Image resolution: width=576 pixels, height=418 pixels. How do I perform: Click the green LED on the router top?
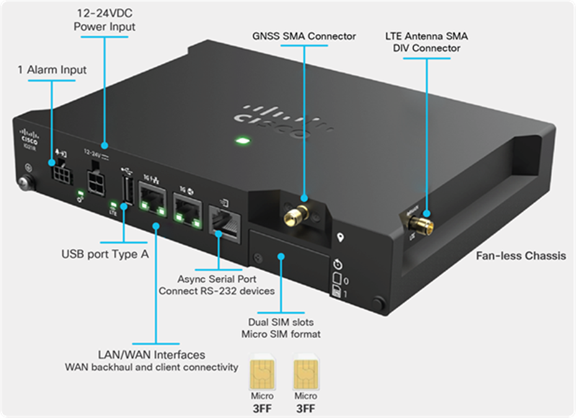(x=239, y=143)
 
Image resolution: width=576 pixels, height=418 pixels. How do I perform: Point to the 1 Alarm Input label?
(x=51, y=70)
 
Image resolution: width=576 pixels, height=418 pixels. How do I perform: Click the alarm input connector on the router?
(x=60, y=171)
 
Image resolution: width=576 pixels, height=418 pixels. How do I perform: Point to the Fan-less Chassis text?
(x=520, y=256)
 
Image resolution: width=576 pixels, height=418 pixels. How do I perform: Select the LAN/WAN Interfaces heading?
(x=151, y=355)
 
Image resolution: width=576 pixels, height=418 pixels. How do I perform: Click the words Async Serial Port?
(x=216, y=278)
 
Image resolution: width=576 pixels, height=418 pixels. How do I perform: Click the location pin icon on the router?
(x=340, y=238)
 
